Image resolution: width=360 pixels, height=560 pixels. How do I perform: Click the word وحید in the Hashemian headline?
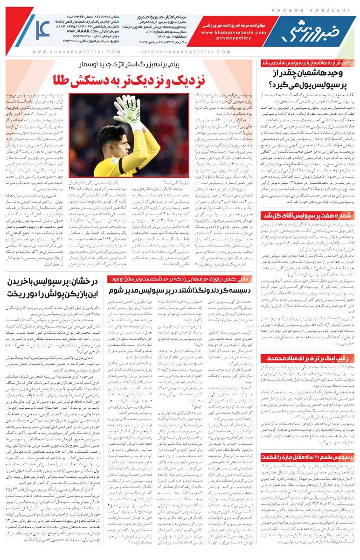pyautogui.click(x=339, y=74)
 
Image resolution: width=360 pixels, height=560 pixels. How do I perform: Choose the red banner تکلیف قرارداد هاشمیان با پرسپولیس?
pyautogui.click(x=304, y=63)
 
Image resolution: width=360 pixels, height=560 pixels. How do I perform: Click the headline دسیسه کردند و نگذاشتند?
pyautogui.click(x=179, y=290)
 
